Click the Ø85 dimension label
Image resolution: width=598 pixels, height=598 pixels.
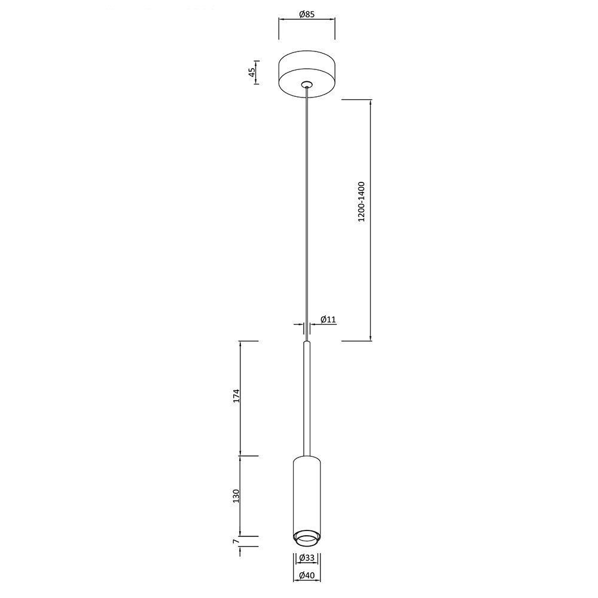(x=307, y=14)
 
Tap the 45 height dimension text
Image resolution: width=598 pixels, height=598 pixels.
(x=252, y=72)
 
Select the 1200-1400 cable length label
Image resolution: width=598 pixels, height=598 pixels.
(x=361, y=202)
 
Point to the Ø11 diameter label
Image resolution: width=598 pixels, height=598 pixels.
(x=328, y=319)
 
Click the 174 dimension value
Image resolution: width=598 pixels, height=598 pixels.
(x=236, y=396)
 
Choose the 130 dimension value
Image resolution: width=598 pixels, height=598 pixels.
(x=236, y=496)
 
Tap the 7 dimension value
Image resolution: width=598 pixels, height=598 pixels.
(x=236, y=541)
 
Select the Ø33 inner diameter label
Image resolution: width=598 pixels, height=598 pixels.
(x=307, y=558)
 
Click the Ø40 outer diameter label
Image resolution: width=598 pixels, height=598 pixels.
(x=307, y=575)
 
